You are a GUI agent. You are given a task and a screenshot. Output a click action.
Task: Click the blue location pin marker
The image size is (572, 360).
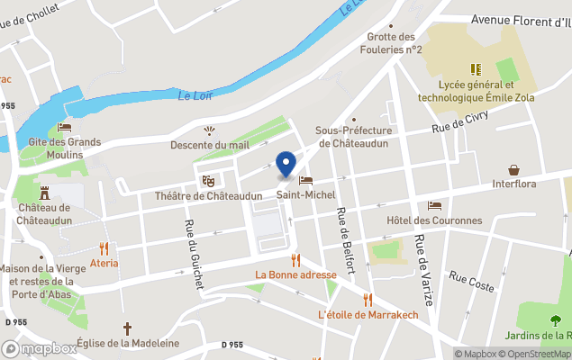(286, 164)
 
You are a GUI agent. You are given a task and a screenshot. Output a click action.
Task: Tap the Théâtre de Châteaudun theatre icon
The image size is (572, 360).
(208, 181)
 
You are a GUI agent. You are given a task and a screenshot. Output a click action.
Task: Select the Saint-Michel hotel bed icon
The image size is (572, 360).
(306, 180)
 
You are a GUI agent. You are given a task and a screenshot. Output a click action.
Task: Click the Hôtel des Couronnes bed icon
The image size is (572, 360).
(435, 205)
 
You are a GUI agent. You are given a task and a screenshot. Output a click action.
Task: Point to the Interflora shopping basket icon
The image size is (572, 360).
(514, 169)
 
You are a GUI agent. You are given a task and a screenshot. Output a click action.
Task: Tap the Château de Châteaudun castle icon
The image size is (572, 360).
(44, 192)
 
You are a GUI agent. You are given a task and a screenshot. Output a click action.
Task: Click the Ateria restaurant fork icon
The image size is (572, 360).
(104, 247)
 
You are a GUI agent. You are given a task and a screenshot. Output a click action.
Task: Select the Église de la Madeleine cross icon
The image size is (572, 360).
(127, 328)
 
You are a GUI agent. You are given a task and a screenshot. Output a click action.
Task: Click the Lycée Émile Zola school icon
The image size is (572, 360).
(474, 69)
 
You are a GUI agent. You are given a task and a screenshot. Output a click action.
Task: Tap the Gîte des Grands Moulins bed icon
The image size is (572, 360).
(64, 127)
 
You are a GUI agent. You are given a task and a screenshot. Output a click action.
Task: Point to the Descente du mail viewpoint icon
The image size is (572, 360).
(210, 130)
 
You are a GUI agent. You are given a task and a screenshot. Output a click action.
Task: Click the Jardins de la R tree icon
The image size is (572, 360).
(555, 321)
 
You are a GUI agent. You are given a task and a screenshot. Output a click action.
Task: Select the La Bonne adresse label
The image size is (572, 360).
(295, 274)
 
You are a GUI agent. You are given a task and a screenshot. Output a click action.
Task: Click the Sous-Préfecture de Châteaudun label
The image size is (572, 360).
(353, 137)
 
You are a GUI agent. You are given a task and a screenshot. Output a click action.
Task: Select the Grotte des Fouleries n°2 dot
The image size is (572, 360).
(389, 25)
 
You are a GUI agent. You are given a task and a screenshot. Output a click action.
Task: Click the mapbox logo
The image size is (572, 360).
(40, 348)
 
